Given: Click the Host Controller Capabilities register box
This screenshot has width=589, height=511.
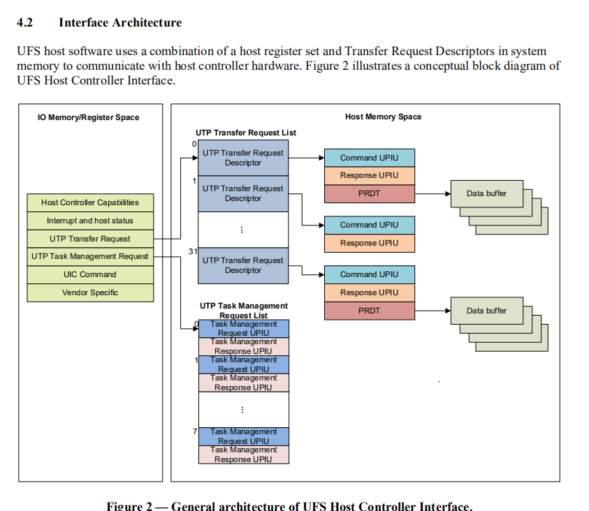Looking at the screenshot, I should (90, 202).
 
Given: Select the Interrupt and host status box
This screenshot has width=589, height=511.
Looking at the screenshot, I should (90, 221).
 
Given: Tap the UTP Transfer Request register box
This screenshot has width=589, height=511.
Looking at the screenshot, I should (90, 239).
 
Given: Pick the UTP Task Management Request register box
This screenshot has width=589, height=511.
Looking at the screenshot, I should (90, 256).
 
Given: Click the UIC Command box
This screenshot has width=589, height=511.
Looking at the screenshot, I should (90, 274).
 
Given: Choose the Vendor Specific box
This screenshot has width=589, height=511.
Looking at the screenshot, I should (90, 292).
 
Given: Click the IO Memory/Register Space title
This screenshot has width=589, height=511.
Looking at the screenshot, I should (89, 117).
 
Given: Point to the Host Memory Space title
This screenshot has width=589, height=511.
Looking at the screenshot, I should (383, 117).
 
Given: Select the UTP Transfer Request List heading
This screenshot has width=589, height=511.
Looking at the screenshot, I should (245, 133).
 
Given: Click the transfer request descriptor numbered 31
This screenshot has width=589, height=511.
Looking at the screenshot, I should (242, 265).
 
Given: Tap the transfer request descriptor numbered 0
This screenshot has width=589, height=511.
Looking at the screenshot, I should (242, 158).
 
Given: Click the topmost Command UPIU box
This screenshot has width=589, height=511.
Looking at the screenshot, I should (369, 158).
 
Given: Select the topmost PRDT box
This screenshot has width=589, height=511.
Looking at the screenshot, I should (369, 193).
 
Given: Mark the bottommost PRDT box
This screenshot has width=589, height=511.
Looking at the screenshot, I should (369, 311).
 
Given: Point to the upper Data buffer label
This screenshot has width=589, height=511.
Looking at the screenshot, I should (486, 193).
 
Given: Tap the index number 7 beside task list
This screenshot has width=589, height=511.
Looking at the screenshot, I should (195, 432).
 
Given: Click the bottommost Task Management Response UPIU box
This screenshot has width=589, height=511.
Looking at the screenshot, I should (243, 454).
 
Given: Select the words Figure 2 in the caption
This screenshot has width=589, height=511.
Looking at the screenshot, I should (129, 506).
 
